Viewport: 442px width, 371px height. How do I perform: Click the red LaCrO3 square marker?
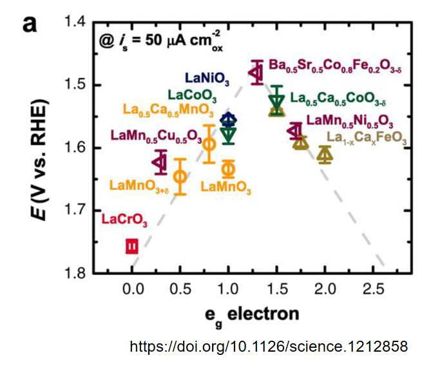pyautogui.click(x=131, y=246)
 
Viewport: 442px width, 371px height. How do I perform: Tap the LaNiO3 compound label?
pyautogui.click(x=207, y=79)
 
